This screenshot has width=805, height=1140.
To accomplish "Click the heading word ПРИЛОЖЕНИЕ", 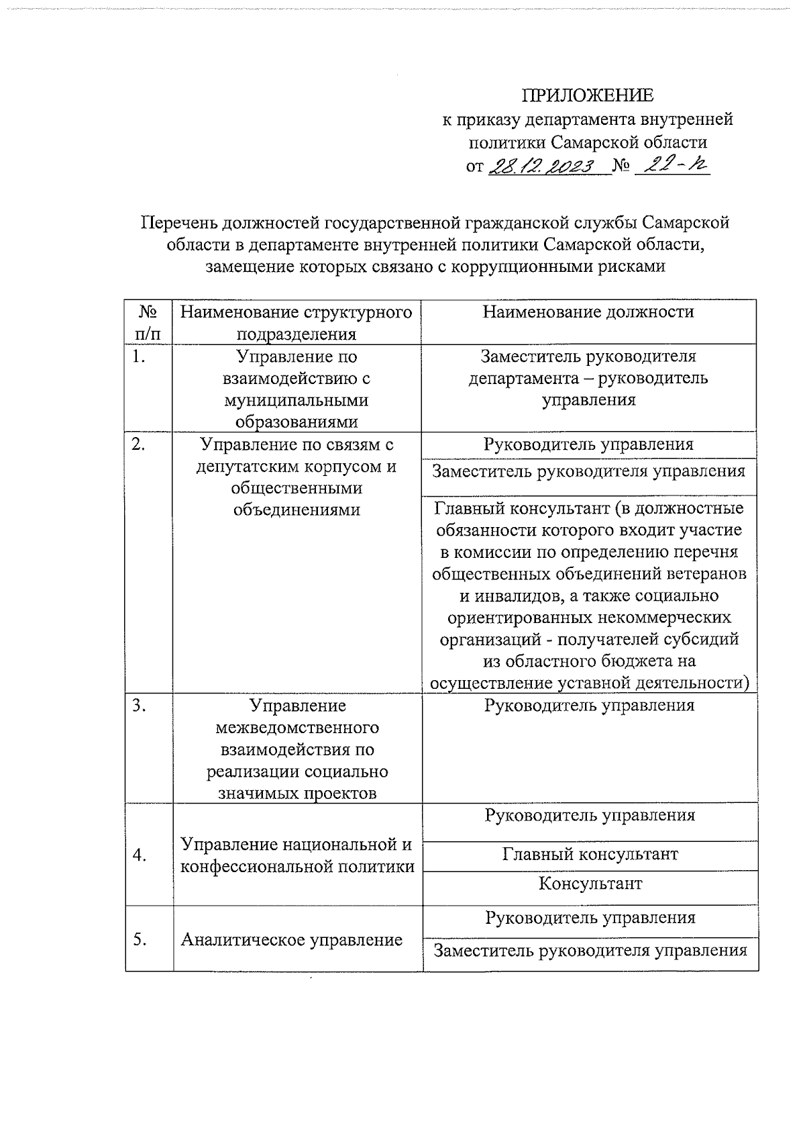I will (588, 95).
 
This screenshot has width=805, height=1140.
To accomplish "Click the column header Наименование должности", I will (588, 312).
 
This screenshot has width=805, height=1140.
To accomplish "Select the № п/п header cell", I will (148, 322).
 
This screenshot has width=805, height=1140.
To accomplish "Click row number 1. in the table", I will (139, 357).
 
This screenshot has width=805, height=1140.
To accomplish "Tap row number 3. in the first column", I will (139, 706).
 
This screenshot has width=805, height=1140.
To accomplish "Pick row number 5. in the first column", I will (140, 939).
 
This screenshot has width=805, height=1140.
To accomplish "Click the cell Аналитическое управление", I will (291, 940).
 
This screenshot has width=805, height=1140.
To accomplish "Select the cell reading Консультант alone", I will (590, 884).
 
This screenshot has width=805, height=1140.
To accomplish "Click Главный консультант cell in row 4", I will (590, 854).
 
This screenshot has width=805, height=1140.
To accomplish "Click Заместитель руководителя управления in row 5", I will (590, 951).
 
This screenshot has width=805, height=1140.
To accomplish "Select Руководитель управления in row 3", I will (589, 706).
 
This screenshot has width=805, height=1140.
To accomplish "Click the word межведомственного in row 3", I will (297, 728).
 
